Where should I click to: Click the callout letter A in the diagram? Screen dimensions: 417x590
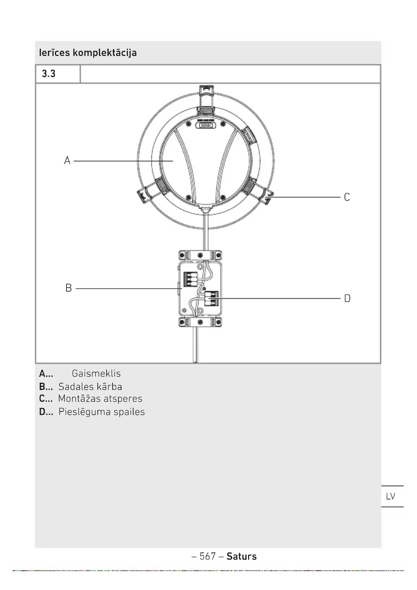67,160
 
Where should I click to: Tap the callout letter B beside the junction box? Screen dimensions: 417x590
69,288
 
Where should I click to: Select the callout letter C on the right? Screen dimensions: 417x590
347,197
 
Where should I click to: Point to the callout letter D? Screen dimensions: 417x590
347,299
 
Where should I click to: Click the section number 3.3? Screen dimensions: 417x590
48,74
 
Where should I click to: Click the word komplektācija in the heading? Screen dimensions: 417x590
105,53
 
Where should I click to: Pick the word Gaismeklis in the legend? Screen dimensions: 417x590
96,373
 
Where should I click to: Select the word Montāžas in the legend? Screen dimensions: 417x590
79,399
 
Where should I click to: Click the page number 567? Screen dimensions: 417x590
208,556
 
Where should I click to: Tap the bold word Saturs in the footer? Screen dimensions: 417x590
241,556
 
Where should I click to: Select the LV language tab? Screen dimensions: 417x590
391,496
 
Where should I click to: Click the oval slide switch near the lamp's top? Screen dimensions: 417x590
206,125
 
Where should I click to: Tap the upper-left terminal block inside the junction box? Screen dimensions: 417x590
190,279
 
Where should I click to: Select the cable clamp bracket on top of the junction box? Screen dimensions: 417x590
200,256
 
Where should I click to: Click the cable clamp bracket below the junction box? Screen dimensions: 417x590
200,322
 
